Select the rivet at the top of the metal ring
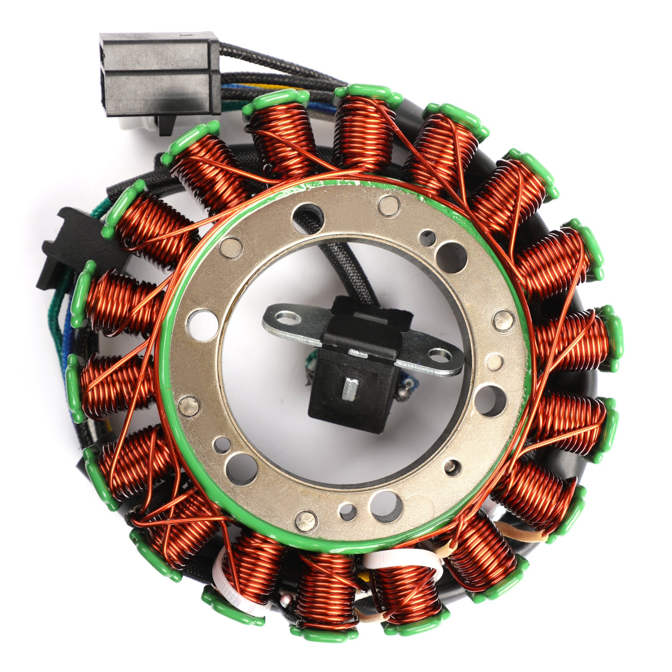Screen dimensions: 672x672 point(388,205)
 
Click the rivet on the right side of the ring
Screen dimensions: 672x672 point(503,321)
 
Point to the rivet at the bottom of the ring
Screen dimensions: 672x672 point(305,521)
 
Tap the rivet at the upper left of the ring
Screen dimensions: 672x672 point(231,247)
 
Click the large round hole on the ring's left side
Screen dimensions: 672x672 point(202,325)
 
